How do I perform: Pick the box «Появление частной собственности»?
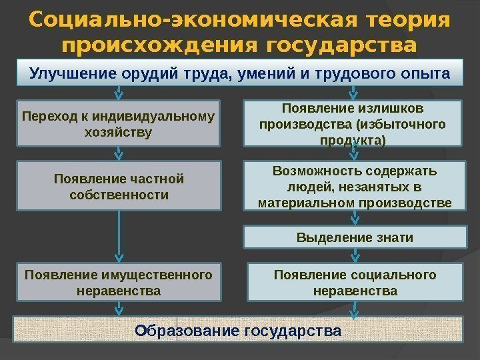pos(119,187)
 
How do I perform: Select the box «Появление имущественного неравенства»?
pos(119,283)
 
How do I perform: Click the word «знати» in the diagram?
pos(393,237)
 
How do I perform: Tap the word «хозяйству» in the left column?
pos(119,132)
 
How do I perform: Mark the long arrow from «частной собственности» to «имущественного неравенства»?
pos(119,237)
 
